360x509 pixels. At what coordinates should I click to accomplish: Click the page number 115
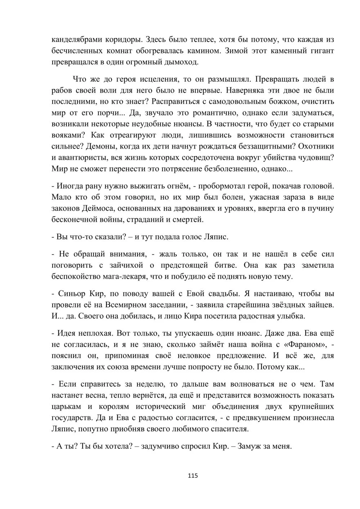click(x=193, y=476)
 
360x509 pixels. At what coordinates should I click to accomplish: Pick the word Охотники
click(x=316, y=146)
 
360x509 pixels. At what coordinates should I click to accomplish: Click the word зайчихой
click(x=126, y=265)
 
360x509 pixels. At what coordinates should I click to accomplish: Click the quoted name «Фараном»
click(x=305, y=344)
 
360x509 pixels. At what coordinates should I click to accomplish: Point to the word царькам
click(x=67, y=407)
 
